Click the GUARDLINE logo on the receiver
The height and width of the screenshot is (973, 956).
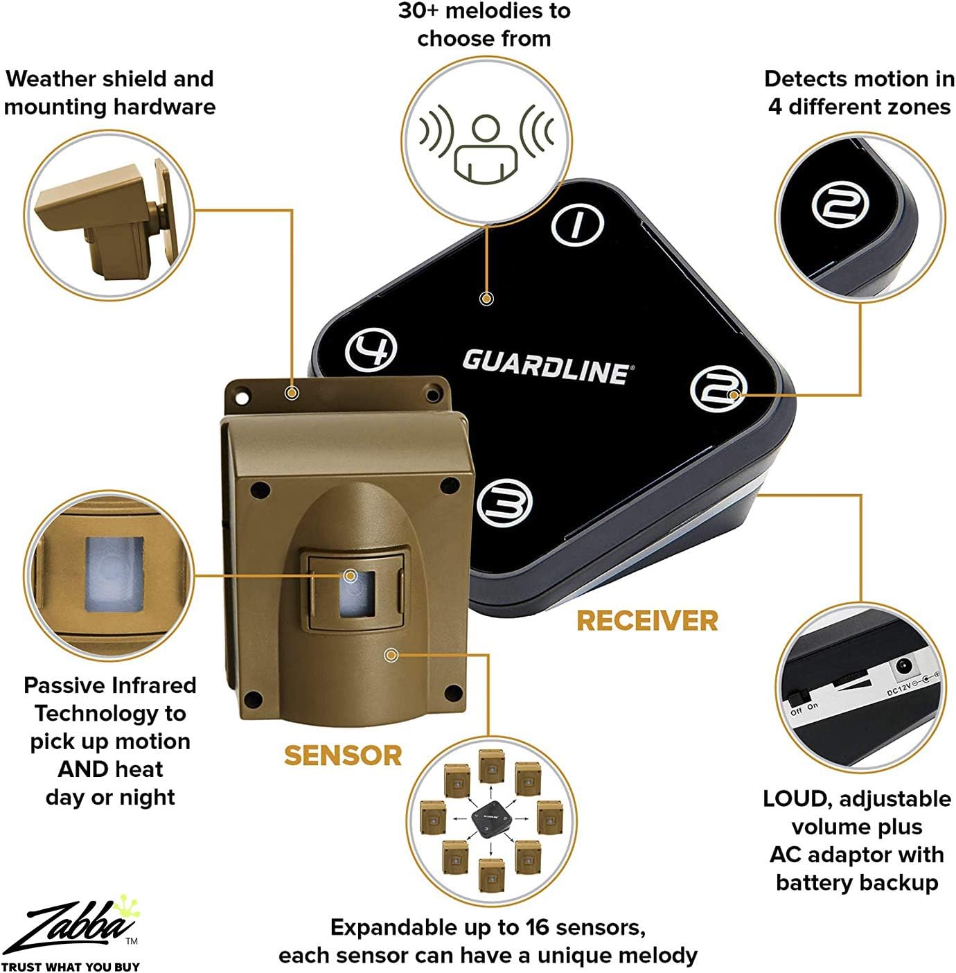[546, 366]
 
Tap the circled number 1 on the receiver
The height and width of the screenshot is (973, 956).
[578, 224]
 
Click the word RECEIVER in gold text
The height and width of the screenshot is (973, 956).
[647, 621]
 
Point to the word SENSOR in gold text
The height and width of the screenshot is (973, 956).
[343, 755]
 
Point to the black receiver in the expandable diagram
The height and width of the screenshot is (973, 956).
[491, 818]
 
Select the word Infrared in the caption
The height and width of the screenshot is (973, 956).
[153, 685]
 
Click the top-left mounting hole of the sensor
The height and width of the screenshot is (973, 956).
[242, 395]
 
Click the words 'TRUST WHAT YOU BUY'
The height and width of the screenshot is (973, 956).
[70, 966]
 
